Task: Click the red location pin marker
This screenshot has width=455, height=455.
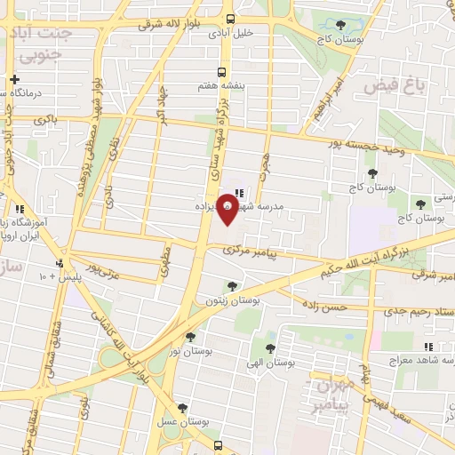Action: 228,212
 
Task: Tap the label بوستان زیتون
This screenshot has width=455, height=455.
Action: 233,301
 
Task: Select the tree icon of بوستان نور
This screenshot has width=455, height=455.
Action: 191,336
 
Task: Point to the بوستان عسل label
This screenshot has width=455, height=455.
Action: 182,423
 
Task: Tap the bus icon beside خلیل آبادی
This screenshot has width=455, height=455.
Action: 231,19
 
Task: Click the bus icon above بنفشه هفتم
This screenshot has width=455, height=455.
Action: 223,73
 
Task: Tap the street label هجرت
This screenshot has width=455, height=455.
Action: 264,164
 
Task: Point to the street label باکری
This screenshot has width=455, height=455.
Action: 44,119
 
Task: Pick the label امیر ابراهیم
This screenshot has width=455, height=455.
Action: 330,100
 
